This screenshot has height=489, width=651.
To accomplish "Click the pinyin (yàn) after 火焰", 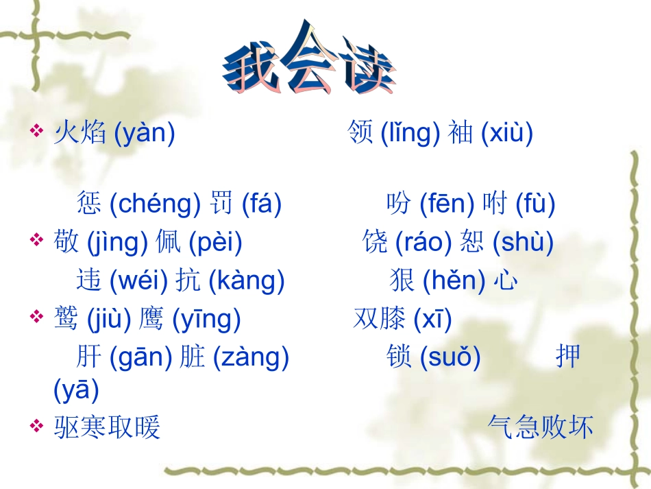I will click(x=144, y=132).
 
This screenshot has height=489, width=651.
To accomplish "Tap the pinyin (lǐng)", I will click(x=410, y=132).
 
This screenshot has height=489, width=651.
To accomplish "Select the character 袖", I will click(x=460, y=132).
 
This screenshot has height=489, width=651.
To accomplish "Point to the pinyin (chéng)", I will click(x=155, y=204).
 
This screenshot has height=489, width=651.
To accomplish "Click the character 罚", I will click(x=221, y=204).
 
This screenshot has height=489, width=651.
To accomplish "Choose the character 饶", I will click(x=375, y=242).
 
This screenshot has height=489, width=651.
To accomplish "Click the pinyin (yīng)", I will click(x=206, y=319).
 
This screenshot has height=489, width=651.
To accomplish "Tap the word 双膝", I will click(x=380, y=319).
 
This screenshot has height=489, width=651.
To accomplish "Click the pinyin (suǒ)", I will click(x=450, y=357).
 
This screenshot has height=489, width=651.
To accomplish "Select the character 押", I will click(x=568, y=357).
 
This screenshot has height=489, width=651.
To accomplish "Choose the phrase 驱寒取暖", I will click(x=107, y=427).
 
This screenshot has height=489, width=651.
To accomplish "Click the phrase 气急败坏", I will click(x=540, y=427).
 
